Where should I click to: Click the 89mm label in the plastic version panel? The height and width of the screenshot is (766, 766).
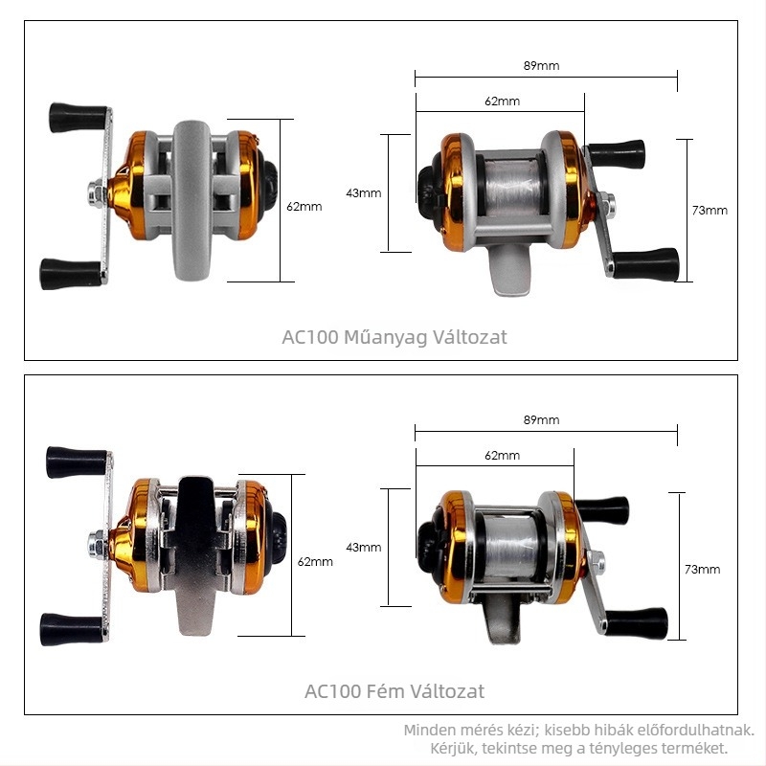(541, 66)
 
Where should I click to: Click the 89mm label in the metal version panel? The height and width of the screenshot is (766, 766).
(541, 420)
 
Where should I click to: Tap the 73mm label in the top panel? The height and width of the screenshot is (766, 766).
(710, 211)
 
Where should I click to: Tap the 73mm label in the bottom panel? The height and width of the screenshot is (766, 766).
(702, 570)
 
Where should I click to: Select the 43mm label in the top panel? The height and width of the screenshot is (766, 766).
(364, 193)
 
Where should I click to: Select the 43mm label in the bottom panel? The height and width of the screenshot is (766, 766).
(364, 548)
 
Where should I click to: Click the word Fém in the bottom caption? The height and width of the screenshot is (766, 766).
(386, 691)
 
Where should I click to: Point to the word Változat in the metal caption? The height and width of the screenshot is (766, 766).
(447, 691)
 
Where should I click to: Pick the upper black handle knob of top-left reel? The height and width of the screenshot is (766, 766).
(79, 118)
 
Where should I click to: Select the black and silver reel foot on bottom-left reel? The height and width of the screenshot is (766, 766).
(195, 555)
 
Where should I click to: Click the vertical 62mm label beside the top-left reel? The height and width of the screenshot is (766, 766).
(304, 207)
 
